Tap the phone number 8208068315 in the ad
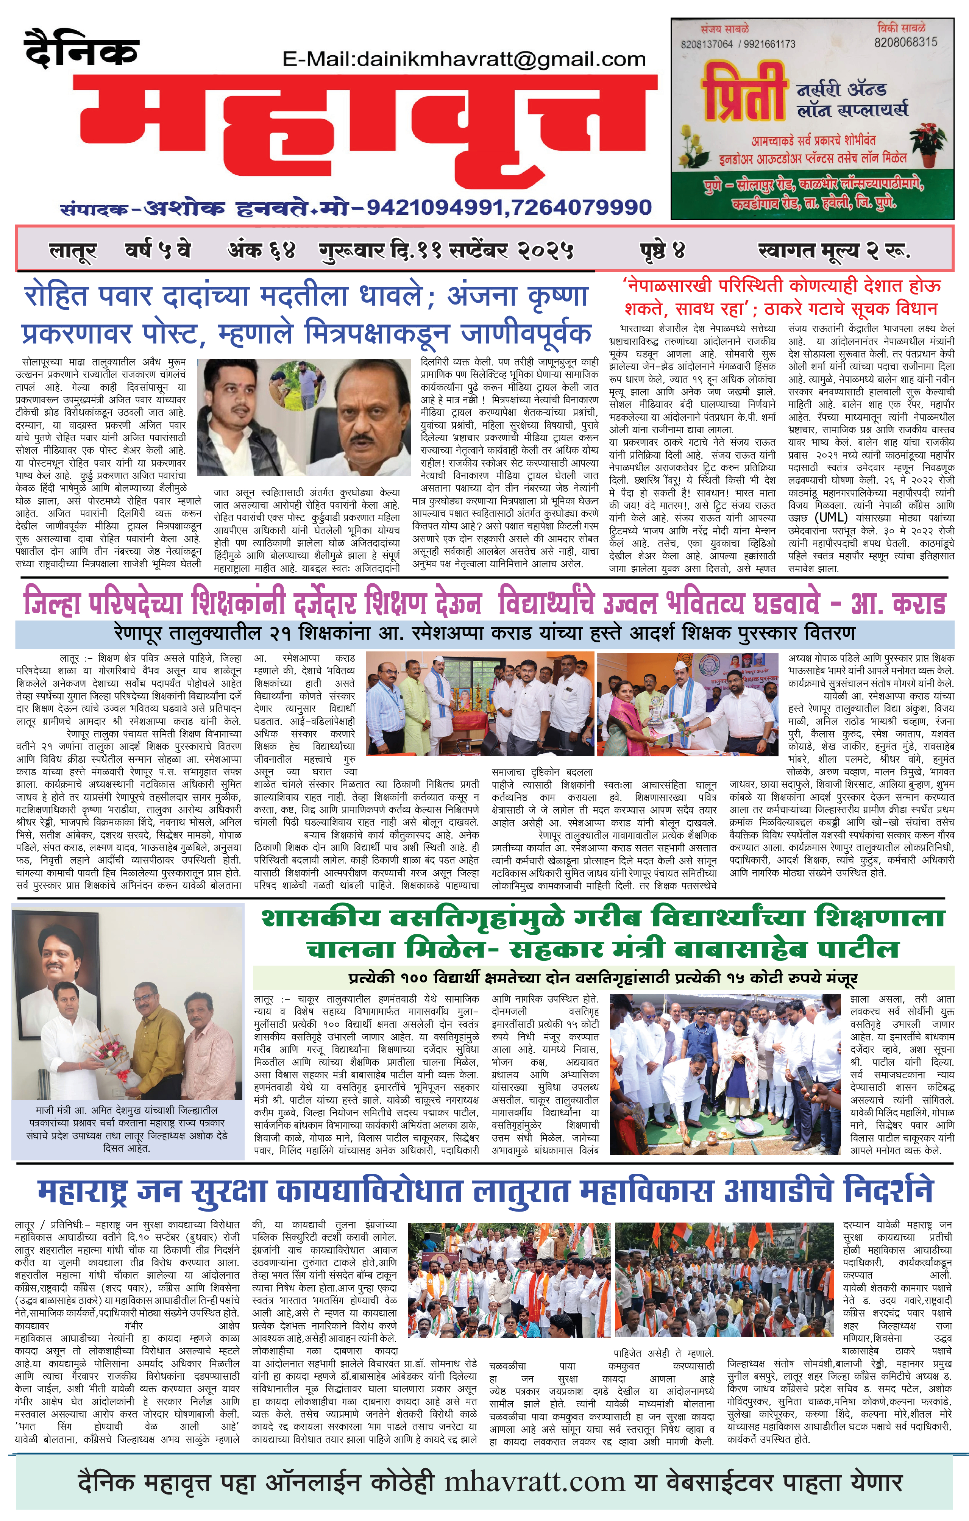pyautogui.click(x=905, y=42)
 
